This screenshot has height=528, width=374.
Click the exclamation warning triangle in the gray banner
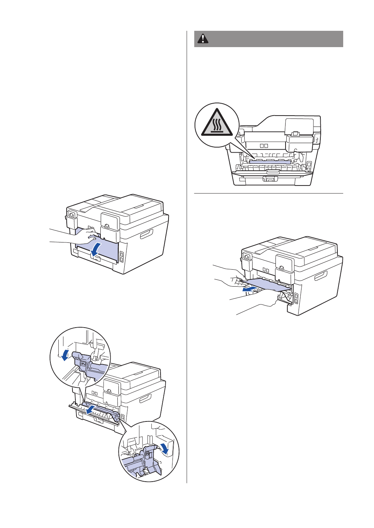coord(203,39)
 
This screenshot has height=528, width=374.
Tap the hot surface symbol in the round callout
coord(217,122)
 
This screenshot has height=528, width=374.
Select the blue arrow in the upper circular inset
coord(65,354)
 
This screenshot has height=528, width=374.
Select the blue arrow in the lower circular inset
coord(166,448)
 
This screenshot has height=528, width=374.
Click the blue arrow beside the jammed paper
coord(250,289)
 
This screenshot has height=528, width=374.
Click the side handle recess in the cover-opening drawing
coord(147,234)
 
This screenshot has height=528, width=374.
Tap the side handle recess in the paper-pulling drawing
coord(321,276)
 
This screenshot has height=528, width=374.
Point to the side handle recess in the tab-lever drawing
coord(145,399)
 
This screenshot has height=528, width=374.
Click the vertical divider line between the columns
coord(187,254)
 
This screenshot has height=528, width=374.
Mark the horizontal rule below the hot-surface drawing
coord(269,194)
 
